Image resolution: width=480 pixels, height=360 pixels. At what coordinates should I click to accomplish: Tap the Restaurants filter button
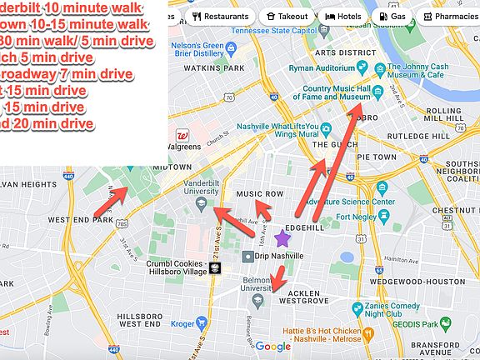pos(221,16)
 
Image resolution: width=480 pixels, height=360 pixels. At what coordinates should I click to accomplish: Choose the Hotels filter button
pos(343,16)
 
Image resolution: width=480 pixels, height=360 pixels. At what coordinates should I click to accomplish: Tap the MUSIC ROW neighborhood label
pos(261,194)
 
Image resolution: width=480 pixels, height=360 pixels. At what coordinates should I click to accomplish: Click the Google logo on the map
pos(272,347)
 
